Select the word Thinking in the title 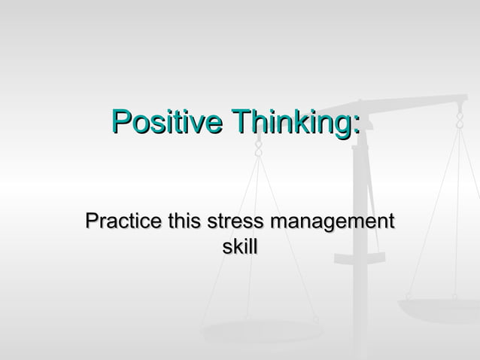(290, 121)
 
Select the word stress (235, 223)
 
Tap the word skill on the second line (240, 246)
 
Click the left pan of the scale (260, 330)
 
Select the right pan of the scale (440, 309)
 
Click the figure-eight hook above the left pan (259, 148)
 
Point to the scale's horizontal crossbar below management (360, 258)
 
